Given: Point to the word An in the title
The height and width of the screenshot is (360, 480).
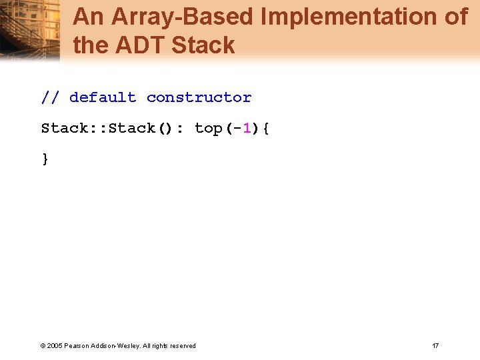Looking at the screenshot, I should click(86, 17).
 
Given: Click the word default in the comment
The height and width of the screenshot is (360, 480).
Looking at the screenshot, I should click(103, 97).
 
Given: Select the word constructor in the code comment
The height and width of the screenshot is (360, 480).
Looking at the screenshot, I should click(199, 97).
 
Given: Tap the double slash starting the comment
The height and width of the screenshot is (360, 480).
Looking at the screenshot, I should click(50, 97).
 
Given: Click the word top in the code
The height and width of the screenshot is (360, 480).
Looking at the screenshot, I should click(209, 128).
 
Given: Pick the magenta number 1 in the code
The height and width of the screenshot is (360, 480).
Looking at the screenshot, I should click(247, 128).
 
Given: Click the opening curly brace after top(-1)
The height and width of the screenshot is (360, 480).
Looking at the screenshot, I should click(266, 128).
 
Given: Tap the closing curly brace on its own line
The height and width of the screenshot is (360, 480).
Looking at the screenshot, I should click(45, 159).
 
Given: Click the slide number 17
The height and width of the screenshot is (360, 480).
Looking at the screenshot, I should click(435, 345).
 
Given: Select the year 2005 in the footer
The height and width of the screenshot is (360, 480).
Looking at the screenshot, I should click(55, 345).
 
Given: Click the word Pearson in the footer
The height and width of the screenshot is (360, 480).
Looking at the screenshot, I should click(77, 345).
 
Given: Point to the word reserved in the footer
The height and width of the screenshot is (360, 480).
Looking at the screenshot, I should click(183, 345).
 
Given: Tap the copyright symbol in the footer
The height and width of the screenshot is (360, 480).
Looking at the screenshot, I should click(43, 345).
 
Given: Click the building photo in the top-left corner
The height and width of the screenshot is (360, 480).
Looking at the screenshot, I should click(30, 30).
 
